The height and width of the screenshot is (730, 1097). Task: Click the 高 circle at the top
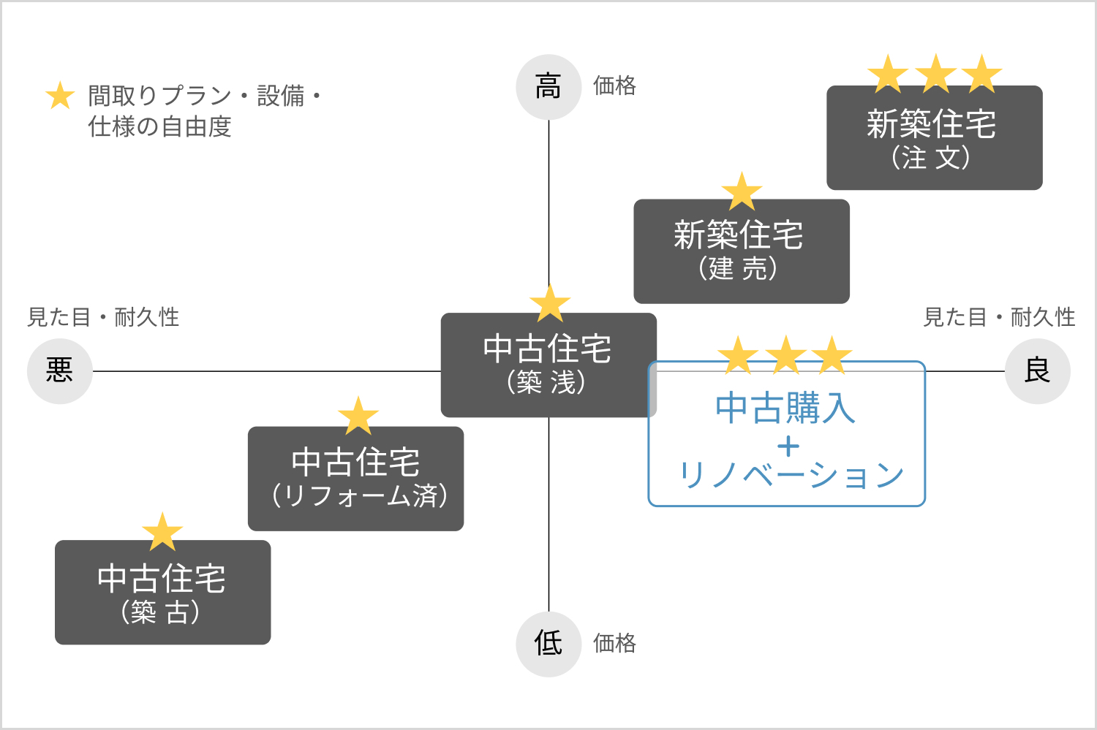[x=548, y=87]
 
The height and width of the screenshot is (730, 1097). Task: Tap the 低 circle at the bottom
[x=548, y=644]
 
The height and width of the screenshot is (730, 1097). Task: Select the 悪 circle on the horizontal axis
[x=60, y=370]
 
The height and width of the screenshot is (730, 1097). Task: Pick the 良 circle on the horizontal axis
[x=1037, y=370]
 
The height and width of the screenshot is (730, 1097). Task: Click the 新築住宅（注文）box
[x=934, y=139]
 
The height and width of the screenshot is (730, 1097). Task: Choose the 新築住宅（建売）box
[x=741, y=251]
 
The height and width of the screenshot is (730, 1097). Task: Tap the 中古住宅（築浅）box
[x=548, y=365]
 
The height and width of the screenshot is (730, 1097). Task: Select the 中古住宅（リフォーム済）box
[x=355, y=479]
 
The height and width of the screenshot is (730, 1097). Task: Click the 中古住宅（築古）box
[x=162, y=593]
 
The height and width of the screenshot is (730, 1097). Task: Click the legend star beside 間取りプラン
[x=60, y=96]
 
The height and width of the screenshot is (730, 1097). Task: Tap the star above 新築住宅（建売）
[x=742, y=191]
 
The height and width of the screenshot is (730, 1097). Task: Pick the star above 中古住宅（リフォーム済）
[x=358, y=417]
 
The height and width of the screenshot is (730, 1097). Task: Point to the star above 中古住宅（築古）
[x=162, y=532]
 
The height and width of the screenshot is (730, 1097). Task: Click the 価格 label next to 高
[x=614, y=86]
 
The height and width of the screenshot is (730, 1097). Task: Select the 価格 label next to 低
[x=614, y=643]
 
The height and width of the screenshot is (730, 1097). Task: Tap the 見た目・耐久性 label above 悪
[x=103, y=317]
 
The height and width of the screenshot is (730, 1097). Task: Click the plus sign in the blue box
[x=788, y=446]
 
